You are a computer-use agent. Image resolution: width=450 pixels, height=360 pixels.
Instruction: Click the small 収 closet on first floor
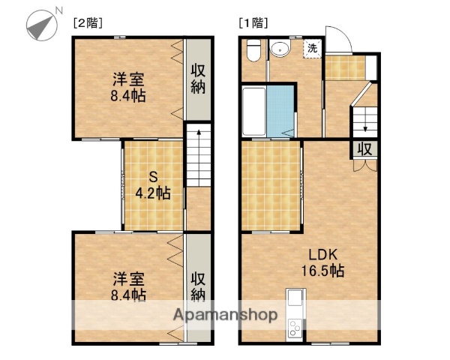tap(364, 148)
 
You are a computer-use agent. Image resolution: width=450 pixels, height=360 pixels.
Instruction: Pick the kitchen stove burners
tap(293, 328)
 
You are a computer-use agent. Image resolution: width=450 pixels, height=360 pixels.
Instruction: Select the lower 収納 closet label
tap(198, 284)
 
